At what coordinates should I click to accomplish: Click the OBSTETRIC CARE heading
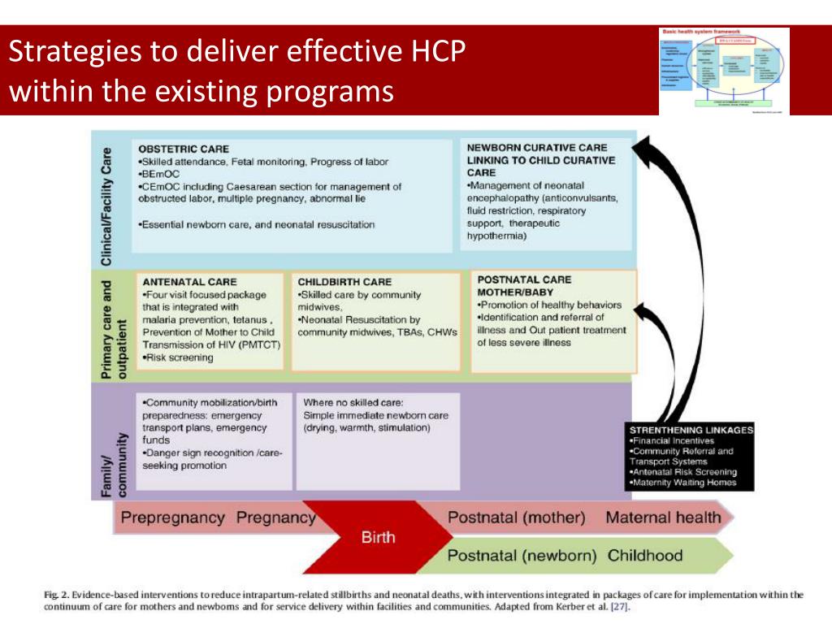point(184,149)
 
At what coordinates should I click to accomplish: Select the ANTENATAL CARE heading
point(189,282)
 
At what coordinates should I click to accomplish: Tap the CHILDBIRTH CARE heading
point(344,282)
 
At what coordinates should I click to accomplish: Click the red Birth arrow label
point(379,537)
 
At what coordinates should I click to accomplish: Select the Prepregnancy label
point(172,518)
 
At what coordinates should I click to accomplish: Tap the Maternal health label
point(663,518)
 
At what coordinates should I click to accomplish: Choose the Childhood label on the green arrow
point(645,557)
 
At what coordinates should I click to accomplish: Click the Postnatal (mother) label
point(516,518)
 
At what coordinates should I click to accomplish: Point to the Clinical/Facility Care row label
point(106,206)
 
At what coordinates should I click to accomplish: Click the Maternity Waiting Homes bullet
point(683,483)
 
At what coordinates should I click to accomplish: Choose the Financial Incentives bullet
point(672,440)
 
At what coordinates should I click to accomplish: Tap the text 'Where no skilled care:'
point(353,402)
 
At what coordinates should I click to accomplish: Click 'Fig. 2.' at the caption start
point(55,595)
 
